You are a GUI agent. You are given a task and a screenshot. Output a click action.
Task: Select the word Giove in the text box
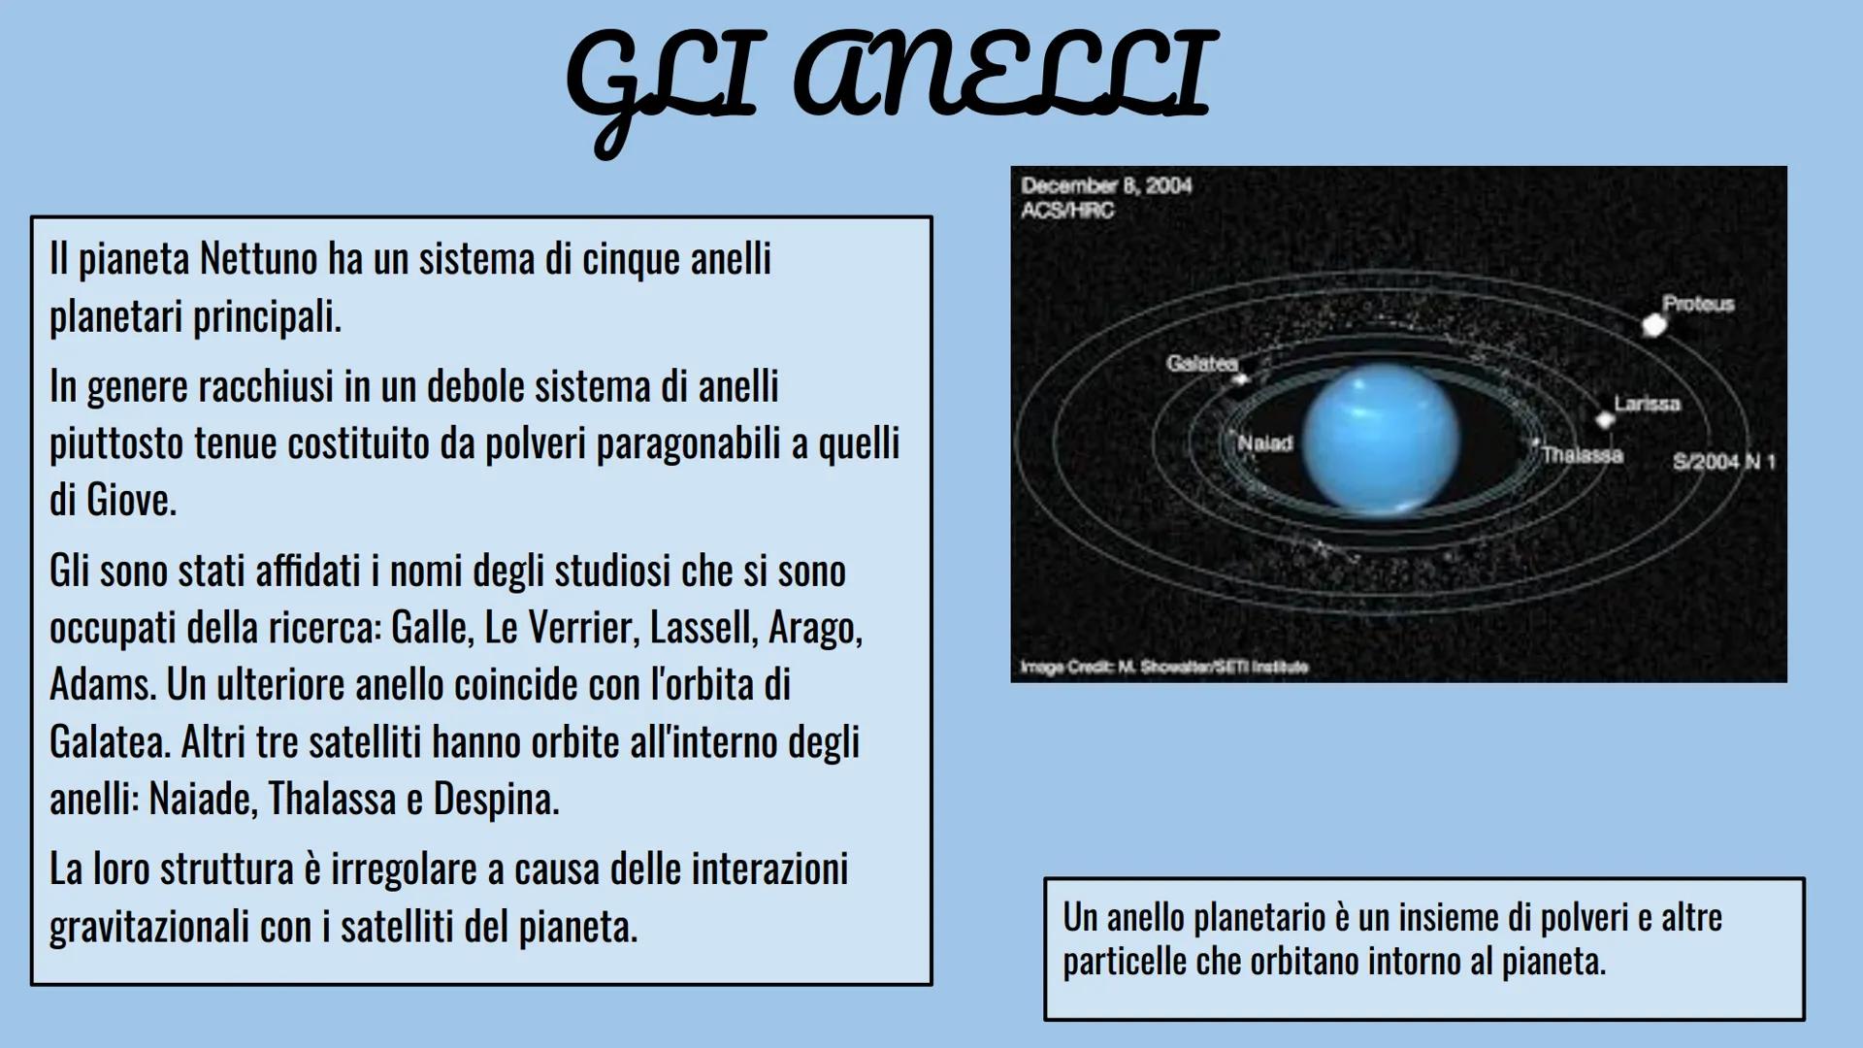pos(130,501)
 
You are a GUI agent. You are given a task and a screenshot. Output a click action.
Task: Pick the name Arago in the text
pos(814,629)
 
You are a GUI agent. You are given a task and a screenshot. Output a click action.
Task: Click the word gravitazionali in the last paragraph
pos(147,927)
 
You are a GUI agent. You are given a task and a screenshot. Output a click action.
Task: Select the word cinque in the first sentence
pos(631,260)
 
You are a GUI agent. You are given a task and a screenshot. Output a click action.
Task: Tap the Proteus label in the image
pos(1698,304)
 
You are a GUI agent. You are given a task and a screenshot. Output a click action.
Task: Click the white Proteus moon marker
pos(1654,326)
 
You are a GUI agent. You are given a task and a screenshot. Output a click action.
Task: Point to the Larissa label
pos(1647,403)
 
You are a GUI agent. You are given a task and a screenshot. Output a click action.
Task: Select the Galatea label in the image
pos(1202,363)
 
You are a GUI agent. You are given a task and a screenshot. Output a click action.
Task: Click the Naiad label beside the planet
pos(1265,443)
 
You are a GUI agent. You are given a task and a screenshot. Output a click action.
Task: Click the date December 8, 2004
pos(1106,185)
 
